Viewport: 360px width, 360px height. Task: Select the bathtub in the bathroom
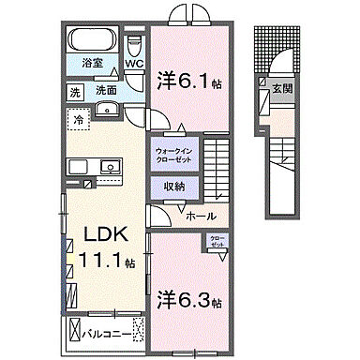[x=92, y=41]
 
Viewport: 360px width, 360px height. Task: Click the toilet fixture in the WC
[x=135, y=45]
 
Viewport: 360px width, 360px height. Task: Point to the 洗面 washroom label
[x=105, y=92]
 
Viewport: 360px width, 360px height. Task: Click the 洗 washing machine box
[x=74, y=93]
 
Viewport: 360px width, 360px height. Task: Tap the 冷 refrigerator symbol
[x=80, y=120]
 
